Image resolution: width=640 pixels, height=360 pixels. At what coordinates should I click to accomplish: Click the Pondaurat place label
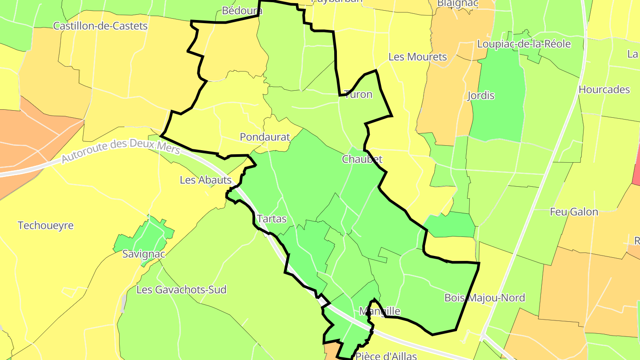click(264, 137)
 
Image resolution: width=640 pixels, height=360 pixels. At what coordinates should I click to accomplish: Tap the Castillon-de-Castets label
click(100, 26)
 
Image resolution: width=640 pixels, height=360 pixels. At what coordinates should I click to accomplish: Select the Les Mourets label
click(417, 57)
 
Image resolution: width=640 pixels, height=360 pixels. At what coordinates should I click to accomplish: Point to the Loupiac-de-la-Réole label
click(524, 44)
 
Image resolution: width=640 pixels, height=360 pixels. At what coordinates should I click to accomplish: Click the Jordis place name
click(481, 96)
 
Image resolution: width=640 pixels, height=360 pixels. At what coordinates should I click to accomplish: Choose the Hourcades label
click(604, 89)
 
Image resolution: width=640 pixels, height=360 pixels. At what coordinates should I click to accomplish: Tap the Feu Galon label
click(574, 212)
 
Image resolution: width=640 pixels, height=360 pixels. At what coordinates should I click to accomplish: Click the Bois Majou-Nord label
click(484, 297)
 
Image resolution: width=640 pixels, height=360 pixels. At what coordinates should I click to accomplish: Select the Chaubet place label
click(362, 159)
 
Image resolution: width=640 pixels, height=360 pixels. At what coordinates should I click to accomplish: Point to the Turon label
click(358, 95)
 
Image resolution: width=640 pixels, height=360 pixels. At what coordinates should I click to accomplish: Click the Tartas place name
click(272, 219)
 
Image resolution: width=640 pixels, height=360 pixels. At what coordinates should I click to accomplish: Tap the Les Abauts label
click(206, 180)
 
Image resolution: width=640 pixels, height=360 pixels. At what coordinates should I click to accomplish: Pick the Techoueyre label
click(45, 225)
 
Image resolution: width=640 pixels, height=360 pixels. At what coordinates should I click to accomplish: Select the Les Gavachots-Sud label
click(181, 290)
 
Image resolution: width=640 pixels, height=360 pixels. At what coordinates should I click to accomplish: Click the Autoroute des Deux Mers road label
click(120, 151)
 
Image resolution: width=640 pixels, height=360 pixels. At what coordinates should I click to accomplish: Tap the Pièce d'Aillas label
click(386, 356)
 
